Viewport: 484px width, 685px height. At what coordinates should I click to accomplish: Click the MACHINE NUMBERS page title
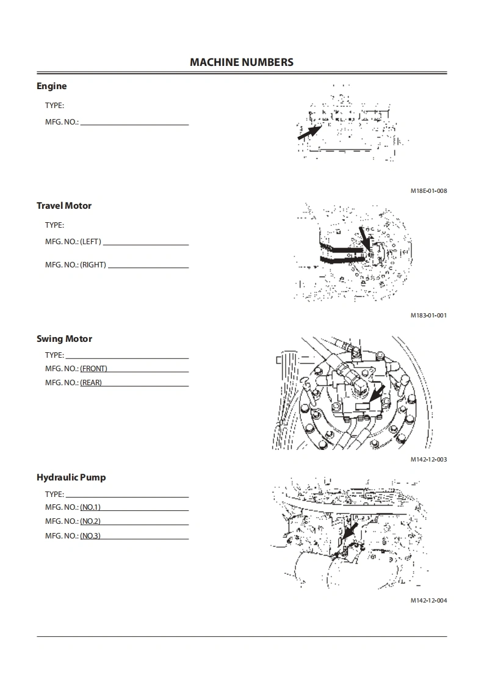(x=242, y=62)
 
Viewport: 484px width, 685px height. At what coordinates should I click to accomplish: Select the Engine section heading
(x=51, y=86)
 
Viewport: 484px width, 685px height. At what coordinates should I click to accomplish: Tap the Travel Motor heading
(x=64, y=206)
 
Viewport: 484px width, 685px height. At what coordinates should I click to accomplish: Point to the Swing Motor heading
(x=64, y=339)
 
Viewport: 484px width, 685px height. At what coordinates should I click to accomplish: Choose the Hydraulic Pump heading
(x=71, y=477)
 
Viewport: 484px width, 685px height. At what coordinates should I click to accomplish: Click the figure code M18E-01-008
(x=428, y=191)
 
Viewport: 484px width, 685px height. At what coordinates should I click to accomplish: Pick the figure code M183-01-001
(x=428, y=316)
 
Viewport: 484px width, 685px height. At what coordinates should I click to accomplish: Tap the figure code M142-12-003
(x=428, y=460)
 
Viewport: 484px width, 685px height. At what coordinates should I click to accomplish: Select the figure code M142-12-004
(x=428, y=601)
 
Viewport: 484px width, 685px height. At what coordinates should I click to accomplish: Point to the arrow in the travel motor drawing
(x=364, y=237)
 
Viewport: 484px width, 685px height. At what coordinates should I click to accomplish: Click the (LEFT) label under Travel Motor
(x=90, y=242)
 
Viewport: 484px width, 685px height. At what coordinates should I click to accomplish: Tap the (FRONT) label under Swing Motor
(x=93, y=369)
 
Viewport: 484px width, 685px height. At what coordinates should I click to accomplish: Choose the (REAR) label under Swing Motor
(x=91, y=383)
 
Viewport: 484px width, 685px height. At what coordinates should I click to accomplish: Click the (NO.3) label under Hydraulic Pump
(x=90, y=536)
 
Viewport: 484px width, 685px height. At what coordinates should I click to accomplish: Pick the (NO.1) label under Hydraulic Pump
(x=90, y=507)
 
